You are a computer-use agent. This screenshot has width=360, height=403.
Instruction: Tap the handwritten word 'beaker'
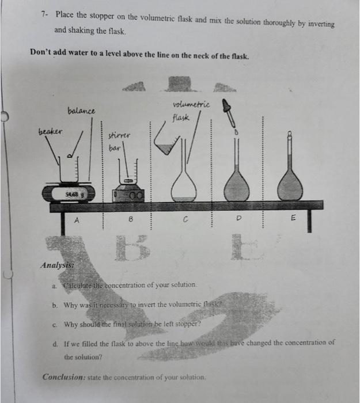click(51, 131)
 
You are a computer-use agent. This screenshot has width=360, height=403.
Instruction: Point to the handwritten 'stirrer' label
click(119, 136)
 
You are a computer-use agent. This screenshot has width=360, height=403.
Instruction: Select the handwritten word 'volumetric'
click(191, 105)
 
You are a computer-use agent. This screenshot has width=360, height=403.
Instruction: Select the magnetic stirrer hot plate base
click(129, 196)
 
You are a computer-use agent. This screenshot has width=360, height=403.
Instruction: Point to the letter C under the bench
click(185, 219)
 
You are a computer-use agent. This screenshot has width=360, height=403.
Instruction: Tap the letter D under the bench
click(238, 219)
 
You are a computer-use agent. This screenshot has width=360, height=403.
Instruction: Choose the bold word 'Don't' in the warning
click(42, 56)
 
